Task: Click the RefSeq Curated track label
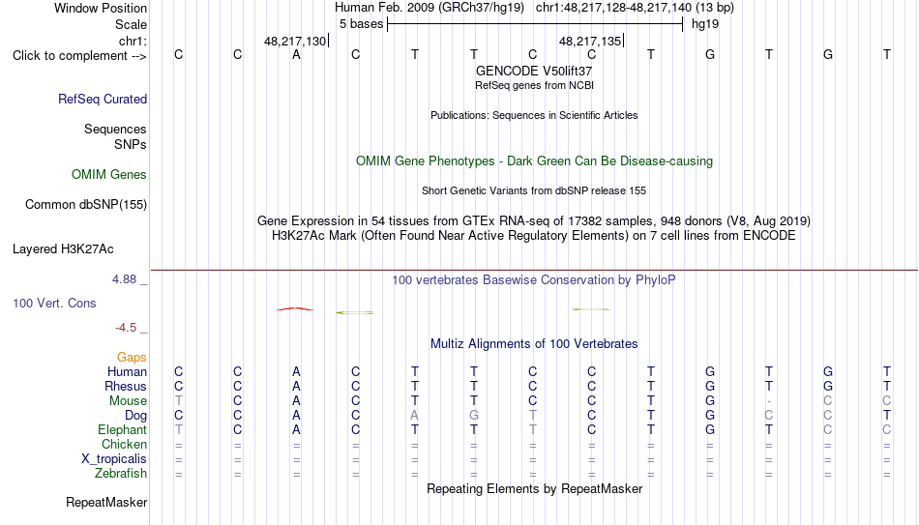tap(103, 99)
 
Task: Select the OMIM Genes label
tap(109, 175)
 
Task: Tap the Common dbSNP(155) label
tap(86, 205)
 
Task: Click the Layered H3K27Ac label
tap(63, 249)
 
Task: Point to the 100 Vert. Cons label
tap(54, 303)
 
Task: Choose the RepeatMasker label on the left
tap(106, 502)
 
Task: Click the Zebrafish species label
tap(121, 473)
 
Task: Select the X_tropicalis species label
tap(114, 459)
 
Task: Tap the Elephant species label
tap(123, 429)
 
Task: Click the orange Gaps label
tap(132, 358)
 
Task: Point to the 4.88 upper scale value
tap(124, 279)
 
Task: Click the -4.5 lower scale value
tap(126, 328)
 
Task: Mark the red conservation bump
tap(295, 308)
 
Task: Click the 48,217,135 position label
tap(590, 41)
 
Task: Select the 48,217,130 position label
tap(295, 41)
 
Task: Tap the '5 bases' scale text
tap(361, 24)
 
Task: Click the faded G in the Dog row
tap(474, 416)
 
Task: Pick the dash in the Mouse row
tap(769, 401)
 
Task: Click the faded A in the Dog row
tap(414, 416)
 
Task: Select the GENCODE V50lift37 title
tap(534, 71)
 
